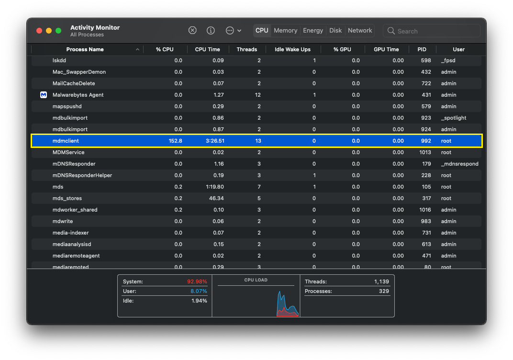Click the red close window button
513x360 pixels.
tap(39, 31)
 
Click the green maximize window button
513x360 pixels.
tap(58, 31)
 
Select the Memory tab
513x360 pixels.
tap(286, 31)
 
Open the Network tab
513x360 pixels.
tap(360, 31)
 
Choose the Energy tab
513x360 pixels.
tap(313, 31)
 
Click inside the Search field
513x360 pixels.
tap(435, 31)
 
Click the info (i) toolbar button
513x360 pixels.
tap(211, 31)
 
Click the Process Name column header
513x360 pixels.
tap(85, 49)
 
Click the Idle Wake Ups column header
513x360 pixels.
tap(292, 49)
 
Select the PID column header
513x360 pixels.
tap(422, 49)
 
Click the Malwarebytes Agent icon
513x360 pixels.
tap(44, 95)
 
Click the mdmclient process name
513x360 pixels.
tap(66, 141)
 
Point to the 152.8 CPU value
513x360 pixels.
tap(175, 141)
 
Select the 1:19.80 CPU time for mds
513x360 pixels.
tap(214, 187)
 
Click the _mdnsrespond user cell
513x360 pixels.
tap(459, 164)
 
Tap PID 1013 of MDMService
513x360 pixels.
tap(425, 152)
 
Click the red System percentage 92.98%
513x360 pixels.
tap(197, 281)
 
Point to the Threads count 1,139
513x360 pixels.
tap(381, 281)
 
